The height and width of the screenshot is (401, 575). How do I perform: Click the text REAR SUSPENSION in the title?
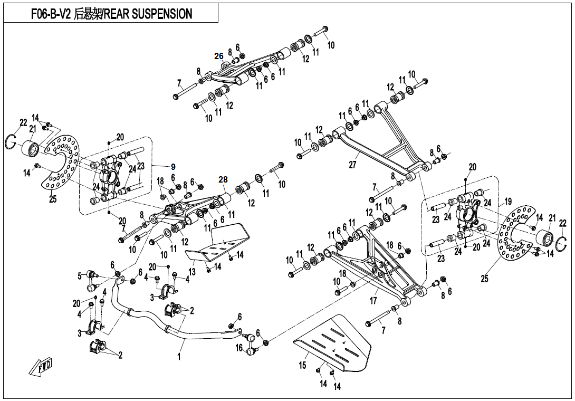point(148,14)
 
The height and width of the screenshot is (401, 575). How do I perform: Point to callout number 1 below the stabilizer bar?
point(179,357)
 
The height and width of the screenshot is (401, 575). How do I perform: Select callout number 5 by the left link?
point(80,275)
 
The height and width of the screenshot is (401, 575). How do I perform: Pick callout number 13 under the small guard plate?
point(192,271)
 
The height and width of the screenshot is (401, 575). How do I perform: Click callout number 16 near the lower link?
point(239,348)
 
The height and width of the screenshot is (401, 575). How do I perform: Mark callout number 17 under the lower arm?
point(374,301)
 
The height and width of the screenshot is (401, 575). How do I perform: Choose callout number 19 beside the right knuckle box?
point(508,202)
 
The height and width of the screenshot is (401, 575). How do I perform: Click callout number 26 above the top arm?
point(219,56)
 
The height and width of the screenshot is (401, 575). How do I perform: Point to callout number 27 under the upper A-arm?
point(352,165)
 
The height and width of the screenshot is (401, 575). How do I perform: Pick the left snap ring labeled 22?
point(15,141)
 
